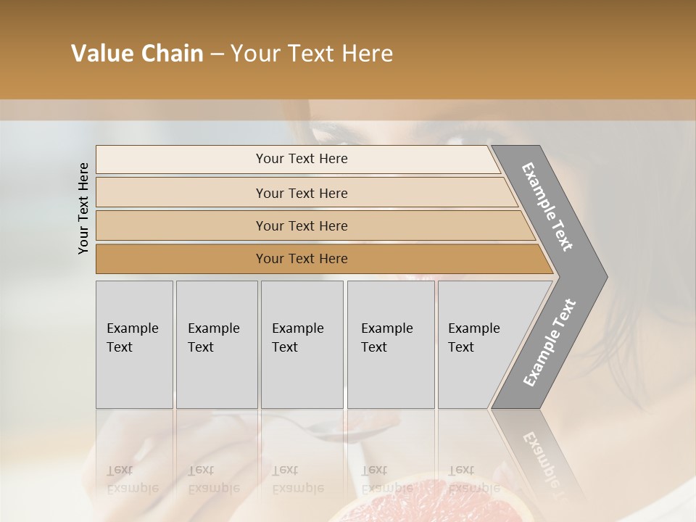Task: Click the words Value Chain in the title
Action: click(137, 54)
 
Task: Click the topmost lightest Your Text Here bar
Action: click(301, 159)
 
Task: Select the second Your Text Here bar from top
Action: click(301, 193)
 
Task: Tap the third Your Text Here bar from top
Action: click(301, 225)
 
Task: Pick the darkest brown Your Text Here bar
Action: click(301, 259)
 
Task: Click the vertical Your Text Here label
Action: click(83, 208)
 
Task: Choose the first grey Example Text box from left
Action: click(134, 344)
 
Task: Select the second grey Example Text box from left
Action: click(216, 344)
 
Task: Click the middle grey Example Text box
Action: click(302, 344)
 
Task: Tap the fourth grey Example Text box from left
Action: click(390, 344)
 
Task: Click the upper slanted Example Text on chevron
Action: click(547, 207)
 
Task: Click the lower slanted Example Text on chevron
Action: click(550, 342)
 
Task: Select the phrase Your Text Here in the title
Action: click(312, 54)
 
